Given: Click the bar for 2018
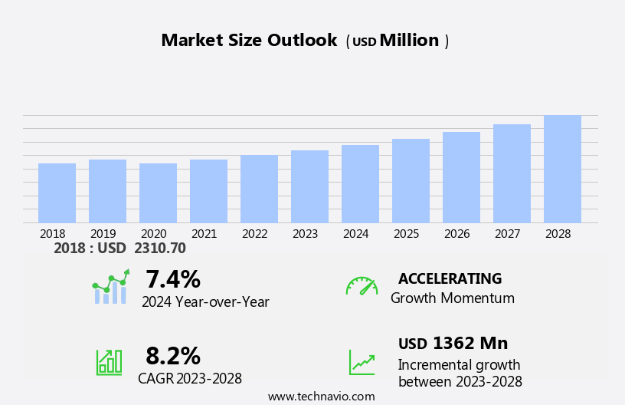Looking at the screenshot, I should (x=57, y=193).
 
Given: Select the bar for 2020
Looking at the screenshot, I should (x=158, y=193).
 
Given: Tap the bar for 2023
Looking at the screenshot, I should (x=309, y=186).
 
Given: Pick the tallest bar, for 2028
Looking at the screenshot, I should (x=562, y=169).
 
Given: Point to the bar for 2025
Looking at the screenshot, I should (x=411, y=181).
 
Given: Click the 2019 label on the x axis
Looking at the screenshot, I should (x=103, y=233).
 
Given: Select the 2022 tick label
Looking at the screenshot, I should (x=255, y=233).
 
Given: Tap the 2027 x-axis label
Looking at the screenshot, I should (x=508, y=233).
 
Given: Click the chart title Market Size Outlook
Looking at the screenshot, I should (x=249, y=41).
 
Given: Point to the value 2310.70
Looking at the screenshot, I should (x=160, y=248).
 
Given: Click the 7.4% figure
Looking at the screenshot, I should (x=173, y=279).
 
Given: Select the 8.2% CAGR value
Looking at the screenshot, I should (x=173, y=356).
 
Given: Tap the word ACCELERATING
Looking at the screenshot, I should (x=450, y=278).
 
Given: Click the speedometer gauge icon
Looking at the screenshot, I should (x=362, y=286).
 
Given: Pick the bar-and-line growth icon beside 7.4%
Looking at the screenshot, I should (x=110, y=287).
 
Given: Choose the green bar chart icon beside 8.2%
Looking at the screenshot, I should (x=109, y=361).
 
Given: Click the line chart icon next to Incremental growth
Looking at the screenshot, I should (x=362, y=361).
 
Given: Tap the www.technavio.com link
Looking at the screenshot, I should (x=321, y=397).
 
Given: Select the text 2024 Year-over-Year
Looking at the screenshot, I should (x=205, y=302).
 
